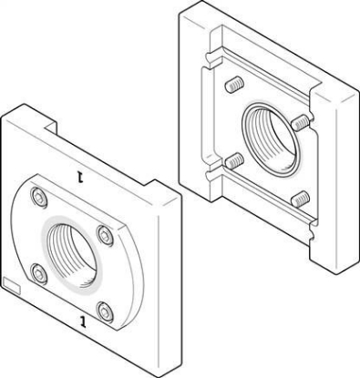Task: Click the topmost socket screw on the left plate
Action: (39, 199)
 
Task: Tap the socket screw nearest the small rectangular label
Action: (39, 273)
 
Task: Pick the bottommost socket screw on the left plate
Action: (105, 312)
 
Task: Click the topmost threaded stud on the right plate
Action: (235, 85)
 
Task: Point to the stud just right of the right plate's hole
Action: (301, 122)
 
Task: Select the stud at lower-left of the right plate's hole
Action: (235, 160)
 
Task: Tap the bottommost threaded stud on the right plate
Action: (301, 199)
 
